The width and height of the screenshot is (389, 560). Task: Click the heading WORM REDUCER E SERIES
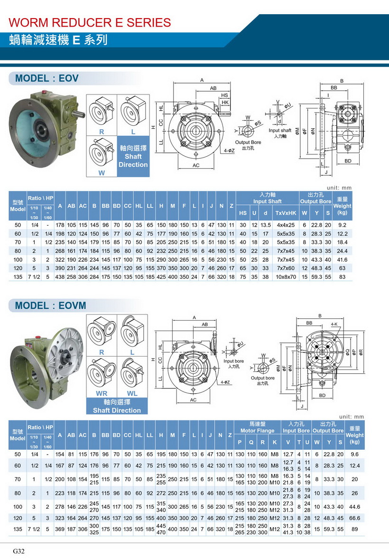[x=90, y=22]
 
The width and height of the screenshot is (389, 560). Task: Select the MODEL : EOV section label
[x=47, y=78]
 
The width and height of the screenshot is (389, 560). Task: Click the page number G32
[x=19, y=551]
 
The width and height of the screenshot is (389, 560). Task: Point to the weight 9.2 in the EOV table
[x=342, y=225]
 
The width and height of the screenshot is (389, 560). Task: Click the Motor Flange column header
[x=257, y=431]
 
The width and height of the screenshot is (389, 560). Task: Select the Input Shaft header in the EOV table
[x=268, y=201]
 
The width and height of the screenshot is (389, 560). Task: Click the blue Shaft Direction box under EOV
[x=133, y=157]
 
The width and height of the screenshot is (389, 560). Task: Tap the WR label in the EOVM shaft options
[x=102, y=393]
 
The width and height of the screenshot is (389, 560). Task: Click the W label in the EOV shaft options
[x=102, y=173]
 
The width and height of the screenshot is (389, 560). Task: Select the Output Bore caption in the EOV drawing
[x=248, y=142]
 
